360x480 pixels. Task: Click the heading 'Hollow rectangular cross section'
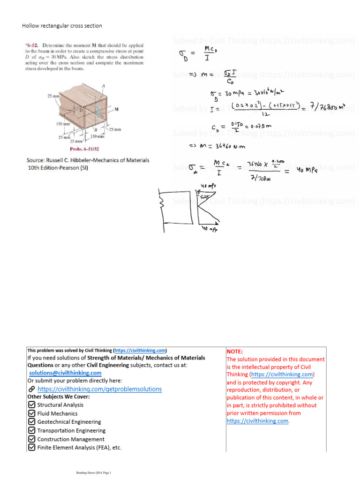pyautogui.click(x=62, y=26)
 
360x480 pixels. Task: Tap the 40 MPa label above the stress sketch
pyautogui.click(x=207, y=187)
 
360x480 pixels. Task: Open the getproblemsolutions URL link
pyautogui.click(x=99, y=389)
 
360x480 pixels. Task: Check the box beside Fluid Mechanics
pyautogui.click(x=31, y=413)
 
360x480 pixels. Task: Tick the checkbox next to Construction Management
pyautogui.click(x=31, y=439)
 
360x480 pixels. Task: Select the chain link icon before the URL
pyautogui.click(x=31, y=389)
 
